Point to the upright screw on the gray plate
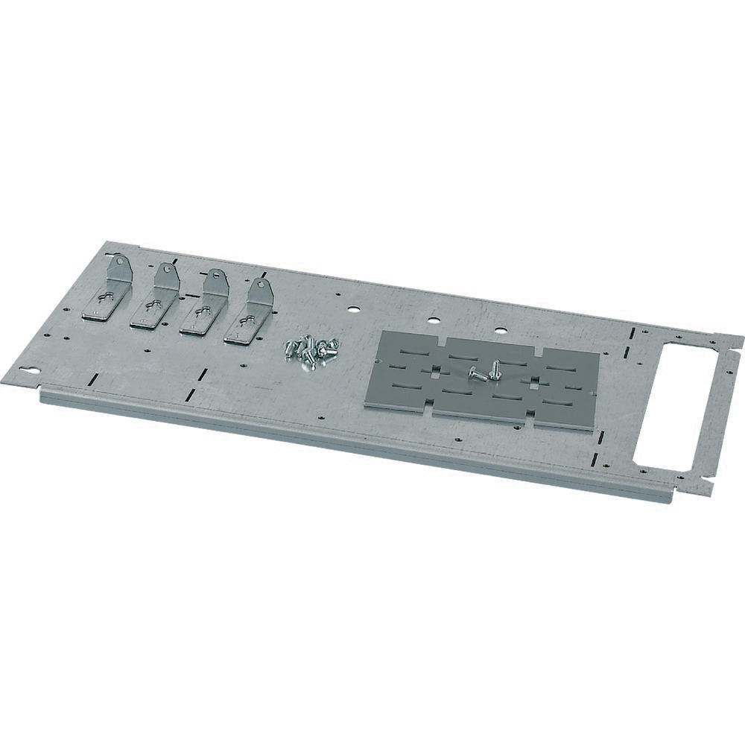tap(494, 368)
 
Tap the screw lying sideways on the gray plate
tap(477, 375)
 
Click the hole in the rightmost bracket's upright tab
tap(260, 285)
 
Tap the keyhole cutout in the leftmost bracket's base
tap(102, 304)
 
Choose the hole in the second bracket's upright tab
tap(167, 269)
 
